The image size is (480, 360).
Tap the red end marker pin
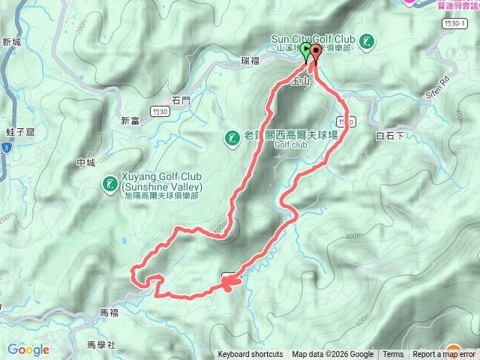[x=316, y=52]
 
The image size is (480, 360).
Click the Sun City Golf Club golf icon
[x=366, y=42]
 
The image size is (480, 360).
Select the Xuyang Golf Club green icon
[x=109, y=183]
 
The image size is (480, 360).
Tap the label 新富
[x=130, y=121]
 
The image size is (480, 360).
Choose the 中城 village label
[x=86, y=163]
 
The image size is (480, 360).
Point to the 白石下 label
[x=390, y=136]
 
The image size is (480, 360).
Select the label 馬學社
[x=100, y=345]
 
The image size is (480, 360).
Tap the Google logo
[x=28, y=349]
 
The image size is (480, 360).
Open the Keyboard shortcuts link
[x=250, y=355]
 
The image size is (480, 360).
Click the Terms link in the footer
[x=393, y=355]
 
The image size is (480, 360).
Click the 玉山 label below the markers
[x=301, y=80]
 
